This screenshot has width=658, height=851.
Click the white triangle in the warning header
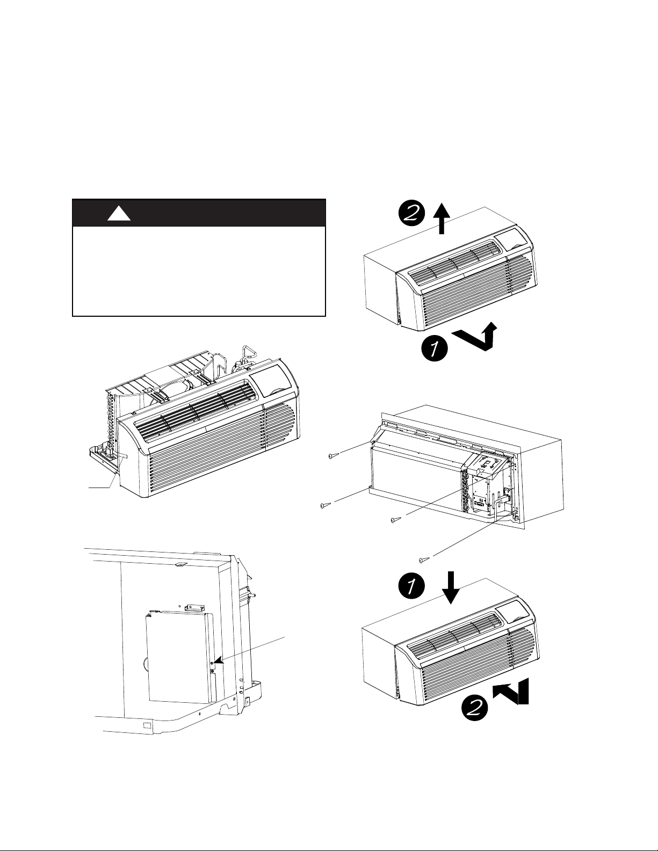[119, 214]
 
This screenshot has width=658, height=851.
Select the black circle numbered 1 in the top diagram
[435, 348]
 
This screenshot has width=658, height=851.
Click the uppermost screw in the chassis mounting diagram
[331, 456]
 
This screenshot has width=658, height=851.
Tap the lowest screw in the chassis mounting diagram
[424, 560]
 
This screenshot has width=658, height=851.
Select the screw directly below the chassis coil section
[395, 520]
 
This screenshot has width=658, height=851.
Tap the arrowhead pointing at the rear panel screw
[217, 663]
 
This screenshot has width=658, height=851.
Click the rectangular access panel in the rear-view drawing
[177, 658]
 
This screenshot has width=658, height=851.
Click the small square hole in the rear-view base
[146, 725]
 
